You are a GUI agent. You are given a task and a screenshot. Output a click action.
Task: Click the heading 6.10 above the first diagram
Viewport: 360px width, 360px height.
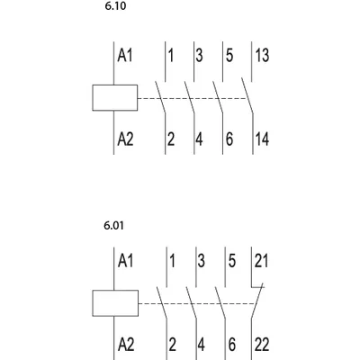tap(115, 6)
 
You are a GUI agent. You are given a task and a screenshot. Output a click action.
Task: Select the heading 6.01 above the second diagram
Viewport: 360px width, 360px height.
tap(113, 225)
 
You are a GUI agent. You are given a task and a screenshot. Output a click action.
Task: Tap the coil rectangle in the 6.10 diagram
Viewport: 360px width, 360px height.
tap(115, 98)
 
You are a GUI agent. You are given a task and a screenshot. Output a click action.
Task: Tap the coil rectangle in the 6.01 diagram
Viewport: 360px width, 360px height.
tap(115, 303)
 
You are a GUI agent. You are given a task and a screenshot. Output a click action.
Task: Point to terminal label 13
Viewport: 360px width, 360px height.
tap(262, 56)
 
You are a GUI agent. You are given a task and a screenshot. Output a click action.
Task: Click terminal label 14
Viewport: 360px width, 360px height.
tap(262, 139)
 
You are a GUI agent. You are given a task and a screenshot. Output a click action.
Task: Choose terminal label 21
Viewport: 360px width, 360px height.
tap(261, 260)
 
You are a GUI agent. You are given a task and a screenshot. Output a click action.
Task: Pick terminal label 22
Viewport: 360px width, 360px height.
tap(262, 344)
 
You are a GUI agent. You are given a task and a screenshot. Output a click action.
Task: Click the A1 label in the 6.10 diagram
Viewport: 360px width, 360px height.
tap(124, 56)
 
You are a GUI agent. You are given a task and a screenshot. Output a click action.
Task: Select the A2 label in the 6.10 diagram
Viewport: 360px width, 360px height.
tap(125, 139)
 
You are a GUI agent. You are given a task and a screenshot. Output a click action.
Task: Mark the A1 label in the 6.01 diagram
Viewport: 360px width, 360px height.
tap(125, 260)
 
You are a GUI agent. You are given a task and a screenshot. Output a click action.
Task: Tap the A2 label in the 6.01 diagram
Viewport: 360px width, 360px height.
tap(126, 344)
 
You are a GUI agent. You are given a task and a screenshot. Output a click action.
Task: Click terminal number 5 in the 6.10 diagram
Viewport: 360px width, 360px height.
tap(229, 56)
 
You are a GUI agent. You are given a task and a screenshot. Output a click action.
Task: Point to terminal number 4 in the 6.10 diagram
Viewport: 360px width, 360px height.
tap(199, 139)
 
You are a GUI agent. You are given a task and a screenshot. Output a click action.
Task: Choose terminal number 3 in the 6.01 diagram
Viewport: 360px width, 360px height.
tap(201, 260)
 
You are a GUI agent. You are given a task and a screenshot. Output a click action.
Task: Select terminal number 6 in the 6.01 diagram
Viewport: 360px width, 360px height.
tap(231, 344)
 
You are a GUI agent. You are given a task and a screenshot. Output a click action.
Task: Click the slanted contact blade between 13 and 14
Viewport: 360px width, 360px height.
tap(247, 95)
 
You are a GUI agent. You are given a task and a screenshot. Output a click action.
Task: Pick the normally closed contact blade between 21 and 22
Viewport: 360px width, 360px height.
tap(257, 301)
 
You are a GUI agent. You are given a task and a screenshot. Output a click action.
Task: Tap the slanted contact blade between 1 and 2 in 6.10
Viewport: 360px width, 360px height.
tap(160, 97)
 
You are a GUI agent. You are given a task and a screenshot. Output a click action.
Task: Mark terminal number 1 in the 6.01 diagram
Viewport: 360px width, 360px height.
tap(172, 260)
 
